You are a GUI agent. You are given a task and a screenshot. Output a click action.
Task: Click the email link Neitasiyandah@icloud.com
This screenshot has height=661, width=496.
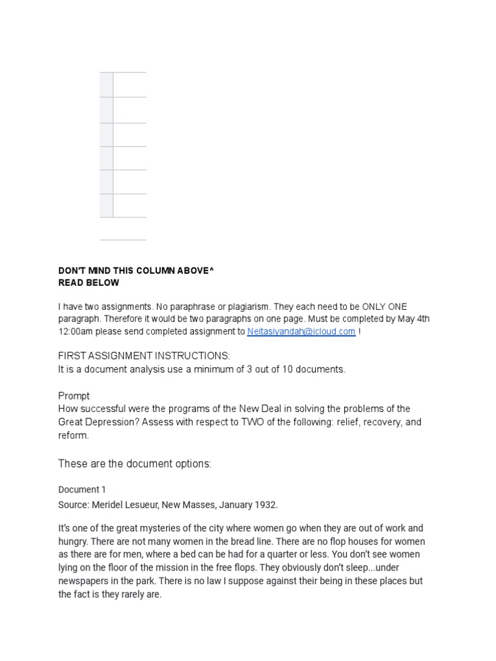301,331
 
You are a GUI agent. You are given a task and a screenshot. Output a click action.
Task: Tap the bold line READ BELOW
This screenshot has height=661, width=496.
88,283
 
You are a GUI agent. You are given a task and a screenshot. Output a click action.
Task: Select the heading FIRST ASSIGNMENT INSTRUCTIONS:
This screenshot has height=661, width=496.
144,356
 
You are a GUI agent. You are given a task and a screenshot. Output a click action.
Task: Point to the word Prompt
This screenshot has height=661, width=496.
74,396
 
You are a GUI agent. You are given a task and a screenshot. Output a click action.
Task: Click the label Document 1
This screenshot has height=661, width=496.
79,489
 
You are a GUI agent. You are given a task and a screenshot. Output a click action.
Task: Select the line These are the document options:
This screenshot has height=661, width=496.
135,463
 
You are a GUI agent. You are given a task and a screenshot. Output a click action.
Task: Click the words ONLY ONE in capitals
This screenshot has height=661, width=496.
384,307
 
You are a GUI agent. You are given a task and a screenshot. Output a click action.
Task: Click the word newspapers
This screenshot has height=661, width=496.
83,581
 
